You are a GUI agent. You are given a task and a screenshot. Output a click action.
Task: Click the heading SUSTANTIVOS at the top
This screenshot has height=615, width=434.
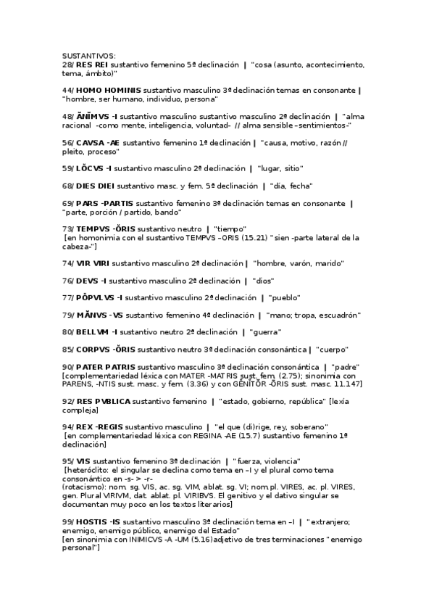pos(88,57)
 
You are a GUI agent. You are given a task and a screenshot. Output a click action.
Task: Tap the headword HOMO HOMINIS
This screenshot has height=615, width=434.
pos(109,91)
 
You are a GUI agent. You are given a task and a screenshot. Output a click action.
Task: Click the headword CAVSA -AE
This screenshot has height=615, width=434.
pos(98,143)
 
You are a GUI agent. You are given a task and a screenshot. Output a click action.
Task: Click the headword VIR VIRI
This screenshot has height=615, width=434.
pos(93,263)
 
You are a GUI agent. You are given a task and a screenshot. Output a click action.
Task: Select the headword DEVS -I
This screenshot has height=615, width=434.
pos(91,281)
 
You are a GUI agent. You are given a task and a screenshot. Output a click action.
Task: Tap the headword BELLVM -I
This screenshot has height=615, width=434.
pos(97,332)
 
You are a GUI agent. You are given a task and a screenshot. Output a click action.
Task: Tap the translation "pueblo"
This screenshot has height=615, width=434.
pos(284,298)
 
